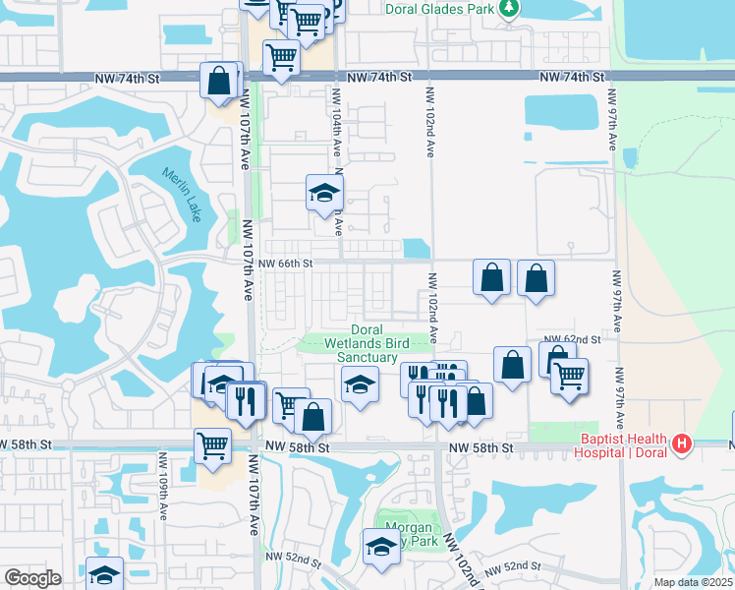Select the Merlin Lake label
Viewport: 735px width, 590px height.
tap(182, 195)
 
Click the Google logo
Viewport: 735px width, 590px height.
tap(32, 578)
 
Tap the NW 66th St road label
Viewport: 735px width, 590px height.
tap(286, 264)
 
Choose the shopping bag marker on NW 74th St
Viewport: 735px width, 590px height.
tap(220, 81)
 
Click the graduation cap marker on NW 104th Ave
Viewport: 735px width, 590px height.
tap(324, 193)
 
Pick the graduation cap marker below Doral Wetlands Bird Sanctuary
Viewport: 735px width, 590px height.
tap(361, 383)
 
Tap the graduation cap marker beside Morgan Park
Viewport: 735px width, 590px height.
tap(381, 549)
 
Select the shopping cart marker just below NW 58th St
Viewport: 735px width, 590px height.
tap(213, 445)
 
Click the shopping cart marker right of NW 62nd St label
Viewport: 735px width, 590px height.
tap(569, 376)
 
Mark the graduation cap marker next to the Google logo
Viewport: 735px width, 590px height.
tap(105, 574)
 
